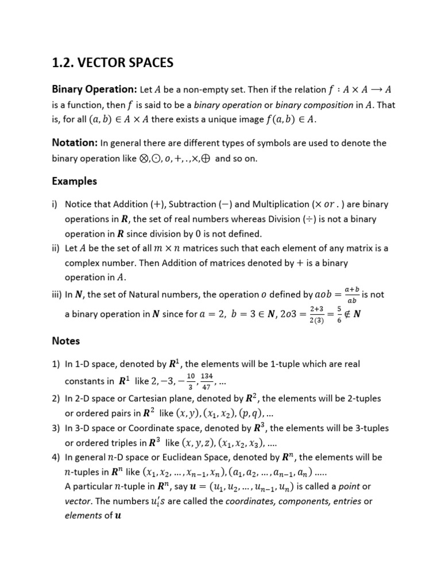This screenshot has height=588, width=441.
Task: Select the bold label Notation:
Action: click(x=75, y=142)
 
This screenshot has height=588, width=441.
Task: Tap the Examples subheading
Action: click(x=75, y=181)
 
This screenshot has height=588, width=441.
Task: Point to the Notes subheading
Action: click(x=66, y=341)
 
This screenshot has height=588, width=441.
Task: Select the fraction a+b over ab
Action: click(x=352, y=294)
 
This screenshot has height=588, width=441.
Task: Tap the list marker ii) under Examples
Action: click(x=56, y=248)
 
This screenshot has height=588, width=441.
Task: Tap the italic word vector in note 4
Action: click(x=78, y=501)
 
